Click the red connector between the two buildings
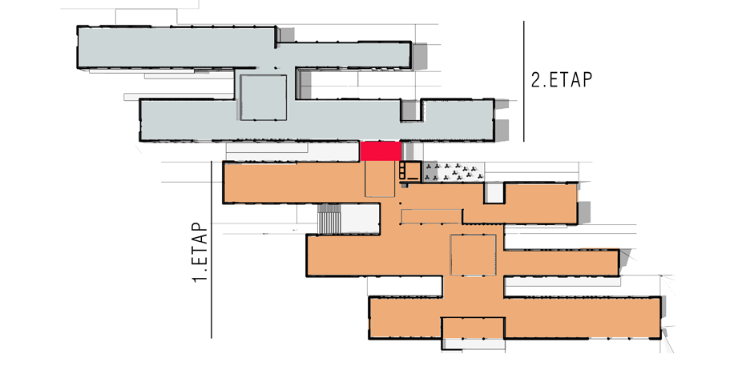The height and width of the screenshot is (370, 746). click(x=381, y=151)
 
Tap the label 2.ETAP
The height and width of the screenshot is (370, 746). click(x=562, y=80)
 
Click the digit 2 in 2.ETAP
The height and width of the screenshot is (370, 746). click(x=536, y=80)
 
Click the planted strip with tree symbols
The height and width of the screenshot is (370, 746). click(x=454, y=172)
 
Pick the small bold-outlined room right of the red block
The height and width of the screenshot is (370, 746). click(x=410, y=171)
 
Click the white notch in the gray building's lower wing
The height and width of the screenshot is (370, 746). click(x=411, y=111)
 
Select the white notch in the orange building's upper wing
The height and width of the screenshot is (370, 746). click(x=494, y=193)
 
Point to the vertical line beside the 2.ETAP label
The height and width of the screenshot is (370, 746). click(x=524, y=81)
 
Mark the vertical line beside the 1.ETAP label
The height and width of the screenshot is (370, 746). click(x=212, y=250)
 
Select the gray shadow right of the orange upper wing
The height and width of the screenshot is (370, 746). click(x=584, y=212)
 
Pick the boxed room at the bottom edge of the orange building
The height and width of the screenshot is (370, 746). click(x=473, y=328)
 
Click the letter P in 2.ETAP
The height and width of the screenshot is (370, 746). click(x=587, y=80)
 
